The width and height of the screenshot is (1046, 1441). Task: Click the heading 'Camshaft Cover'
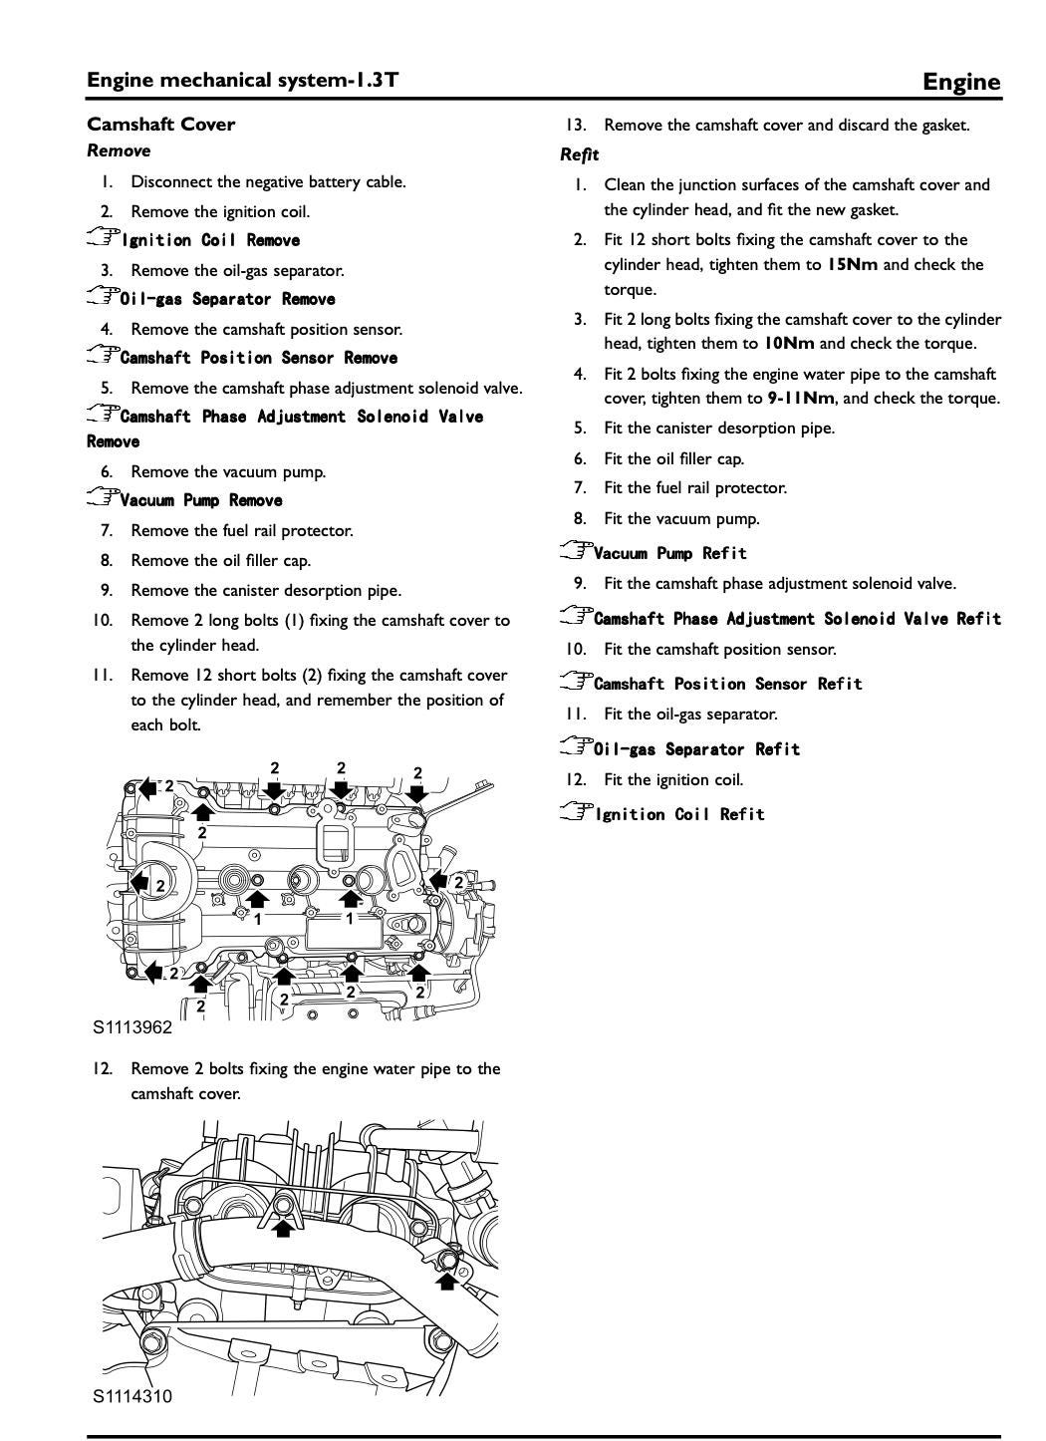click(161, 125)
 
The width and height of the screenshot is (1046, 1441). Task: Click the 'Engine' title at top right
click(960, 82)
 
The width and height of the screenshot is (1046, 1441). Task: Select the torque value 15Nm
click(853, 265)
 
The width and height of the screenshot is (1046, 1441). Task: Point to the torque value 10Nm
click(788, 344)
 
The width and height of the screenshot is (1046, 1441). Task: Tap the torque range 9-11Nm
click(801, 399)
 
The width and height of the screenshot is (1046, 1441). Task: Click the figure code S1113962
click(132, 1027)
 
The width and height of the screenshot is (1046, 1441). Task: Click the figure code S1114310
click(132, 1396)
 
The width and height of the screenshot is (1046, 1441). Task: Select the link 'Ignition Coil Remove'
click(210, 240)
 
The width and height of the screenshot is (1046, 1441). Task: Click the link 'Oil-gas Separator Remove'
click(227, 299)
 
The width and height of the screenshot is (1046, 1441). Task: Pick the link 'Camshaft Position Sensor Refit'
click(727, 684)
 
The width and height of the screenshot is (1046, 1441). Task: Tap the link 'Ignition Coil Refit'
click(679, 814)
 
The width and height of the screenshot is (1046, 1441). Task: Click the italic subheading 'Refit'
click(579, 154)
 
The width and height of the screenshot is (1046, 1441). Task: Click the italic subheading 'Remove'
click(119, 151)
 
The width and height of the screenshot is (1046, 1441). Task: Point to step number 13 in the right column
click(575, 126)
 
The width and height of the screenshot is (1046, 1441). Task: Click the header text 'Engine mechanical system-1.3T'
click(243, 80)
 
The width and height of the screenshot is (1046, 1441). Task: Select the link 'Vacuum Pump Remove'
click(201, 500)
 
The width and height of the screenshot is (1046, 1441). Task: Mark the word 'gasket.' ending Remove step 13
click(944, 126)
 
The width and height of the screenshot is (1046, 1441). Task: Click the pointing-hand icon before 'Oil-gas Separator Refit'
click(575, 747)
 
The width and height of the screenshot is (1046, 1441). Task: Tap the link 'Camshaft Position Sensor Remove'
click(259, 358)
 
